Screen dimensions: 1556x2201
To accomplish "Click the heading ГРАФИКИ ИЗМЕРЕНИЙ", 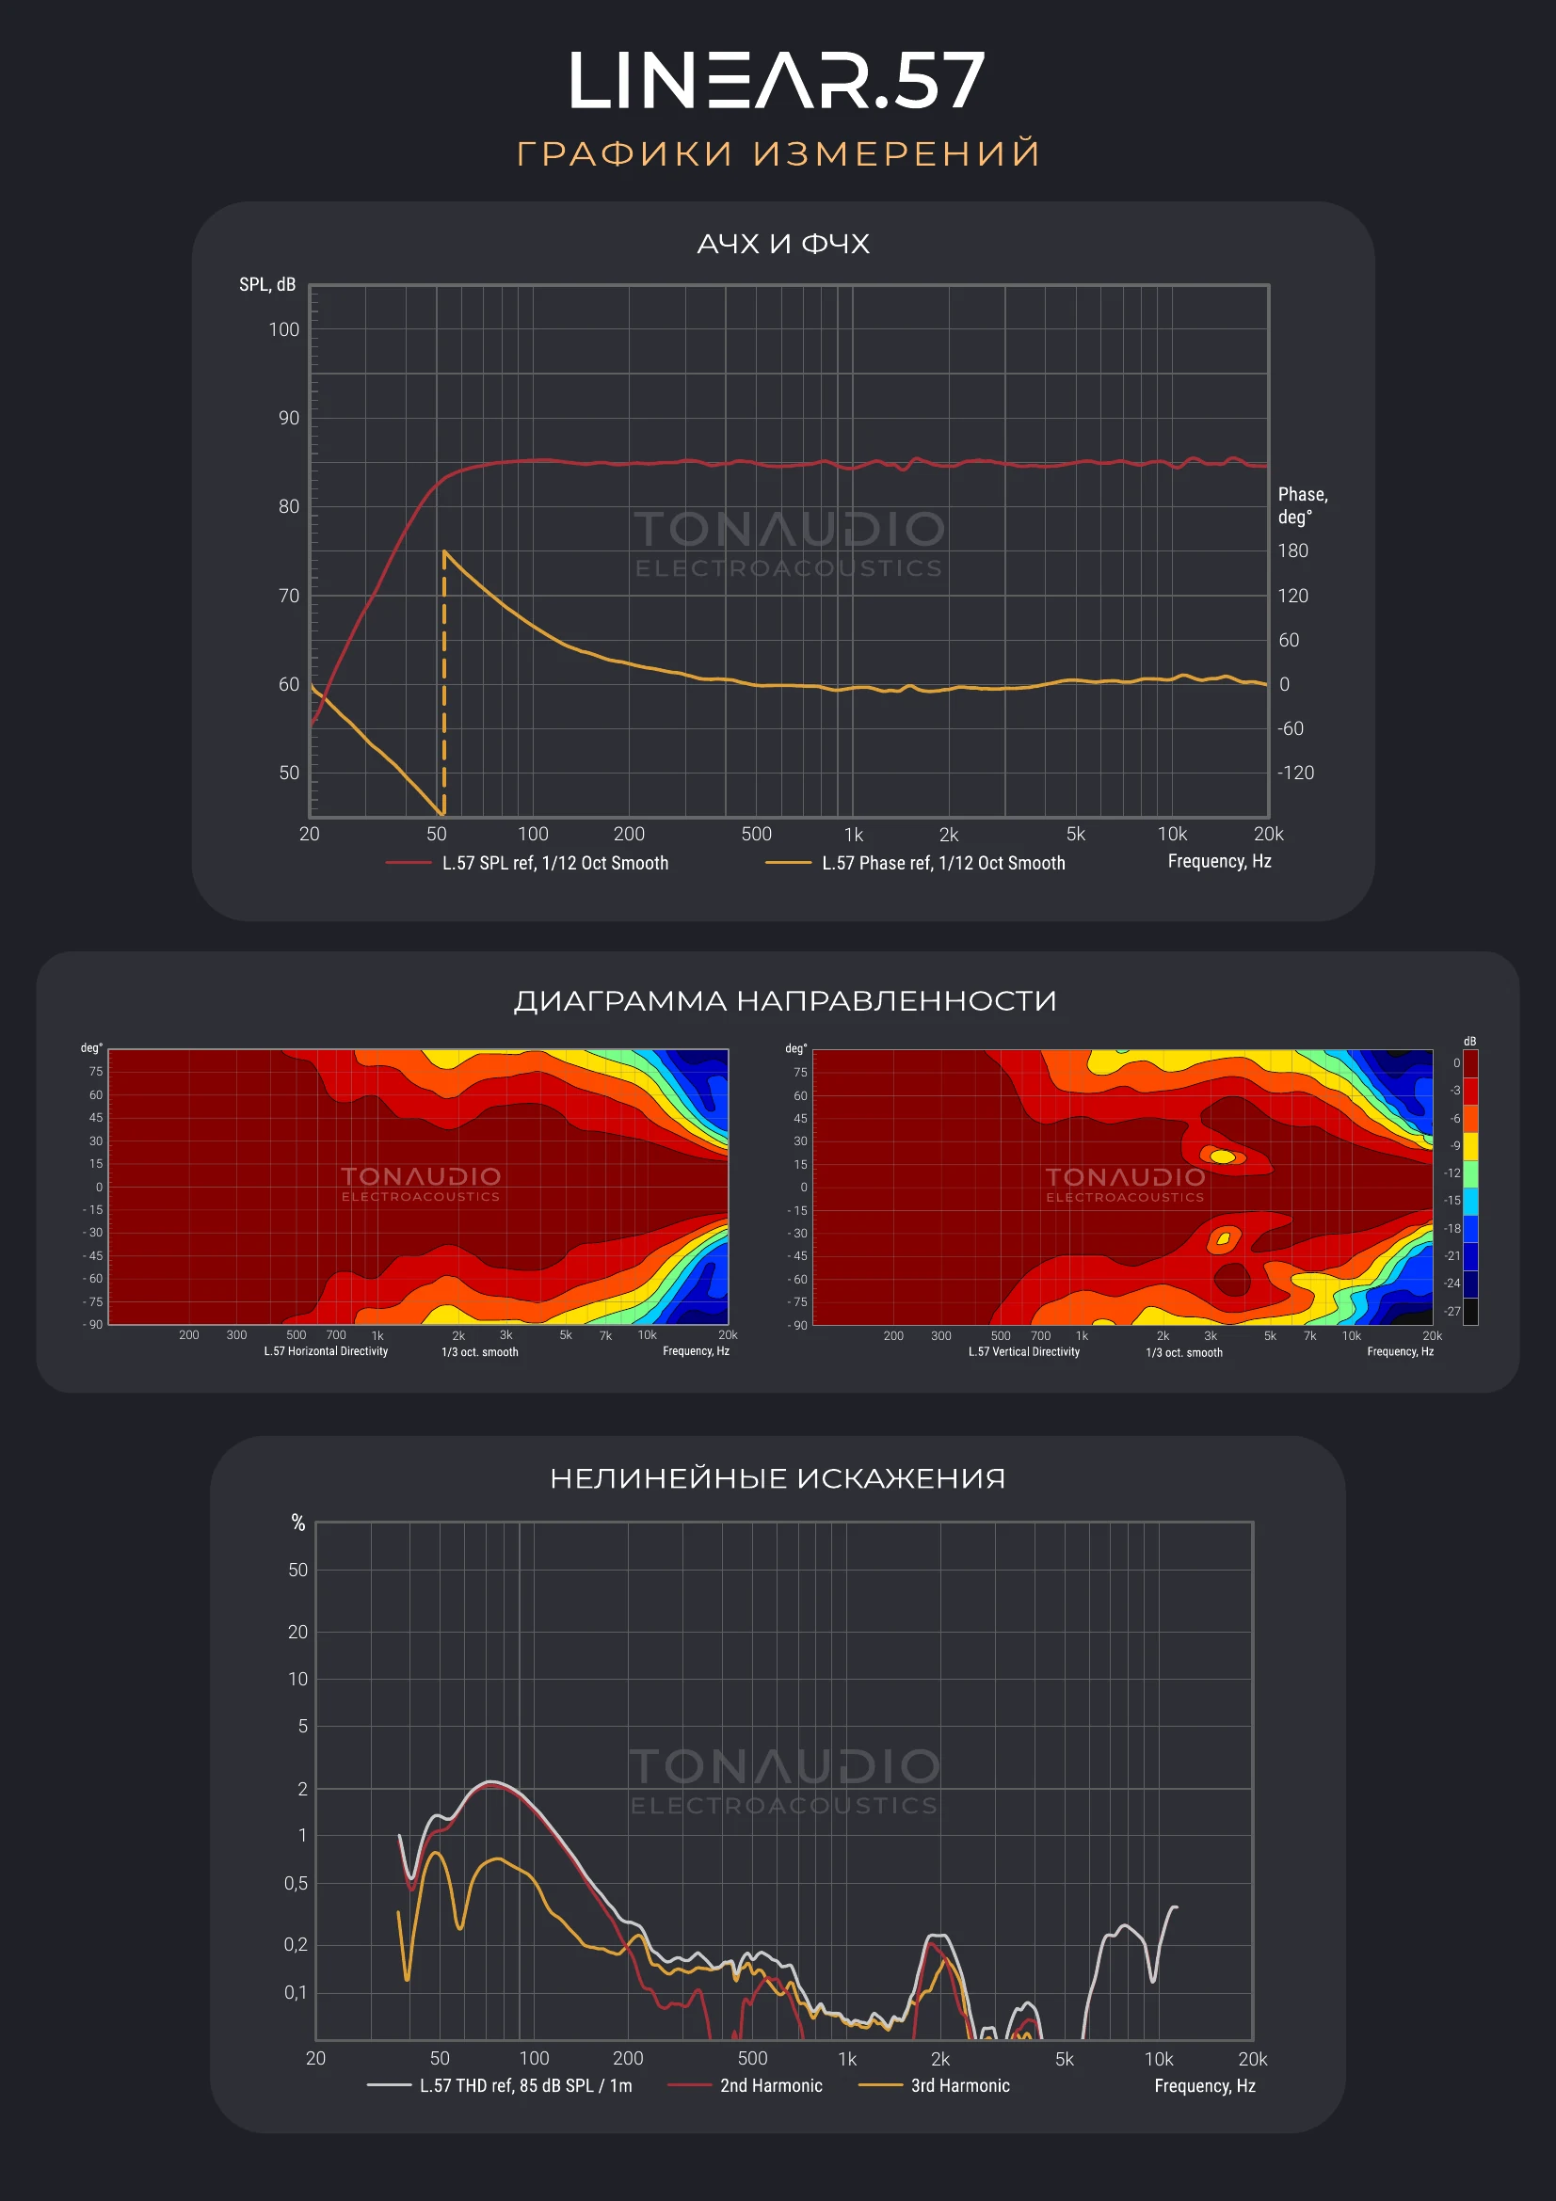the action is [x=778, y=153].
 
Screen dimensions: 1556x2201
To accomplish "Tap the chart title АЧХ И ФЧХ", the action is [x=783, y=244].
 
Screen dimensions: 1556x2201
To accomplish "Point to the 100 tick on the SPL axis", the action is [x=283, y=329].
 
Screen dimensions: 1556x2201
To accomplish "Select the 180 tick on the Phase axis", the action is [x=1292, y=551].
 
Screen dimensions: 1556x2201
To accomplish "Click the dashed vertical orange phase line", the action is [x=444, y=682].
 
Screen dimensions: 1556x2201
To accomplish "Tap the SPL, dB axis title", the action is [x=267, y=285].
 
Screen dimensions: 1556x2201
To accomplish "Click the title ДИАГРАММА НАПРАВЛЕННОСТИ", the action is [x=785, y=1001].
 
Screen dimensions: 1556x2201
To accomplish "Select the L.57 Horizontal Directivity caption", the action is [x=326, y=1350].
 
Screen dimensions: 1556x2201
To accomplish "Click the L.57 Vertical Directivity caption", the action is [x=1024, y=1351].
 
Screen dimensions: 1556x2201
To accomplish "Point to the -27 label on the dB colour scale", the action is [x=1452, y=1312].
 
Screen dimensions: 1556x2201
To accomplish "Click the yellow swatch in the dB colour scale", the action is [x=1469, y=1146].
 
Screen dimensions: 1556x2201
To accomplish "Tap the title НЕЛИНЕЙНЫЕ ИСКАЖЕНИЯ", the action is [x=778, y=1478].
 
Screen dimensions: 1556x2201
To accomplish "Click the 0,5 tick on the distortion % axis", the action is [x=297, y=1884].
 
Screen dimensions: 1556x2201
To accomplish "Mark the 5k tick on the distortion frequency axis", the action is [x=1065, y=2059].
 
